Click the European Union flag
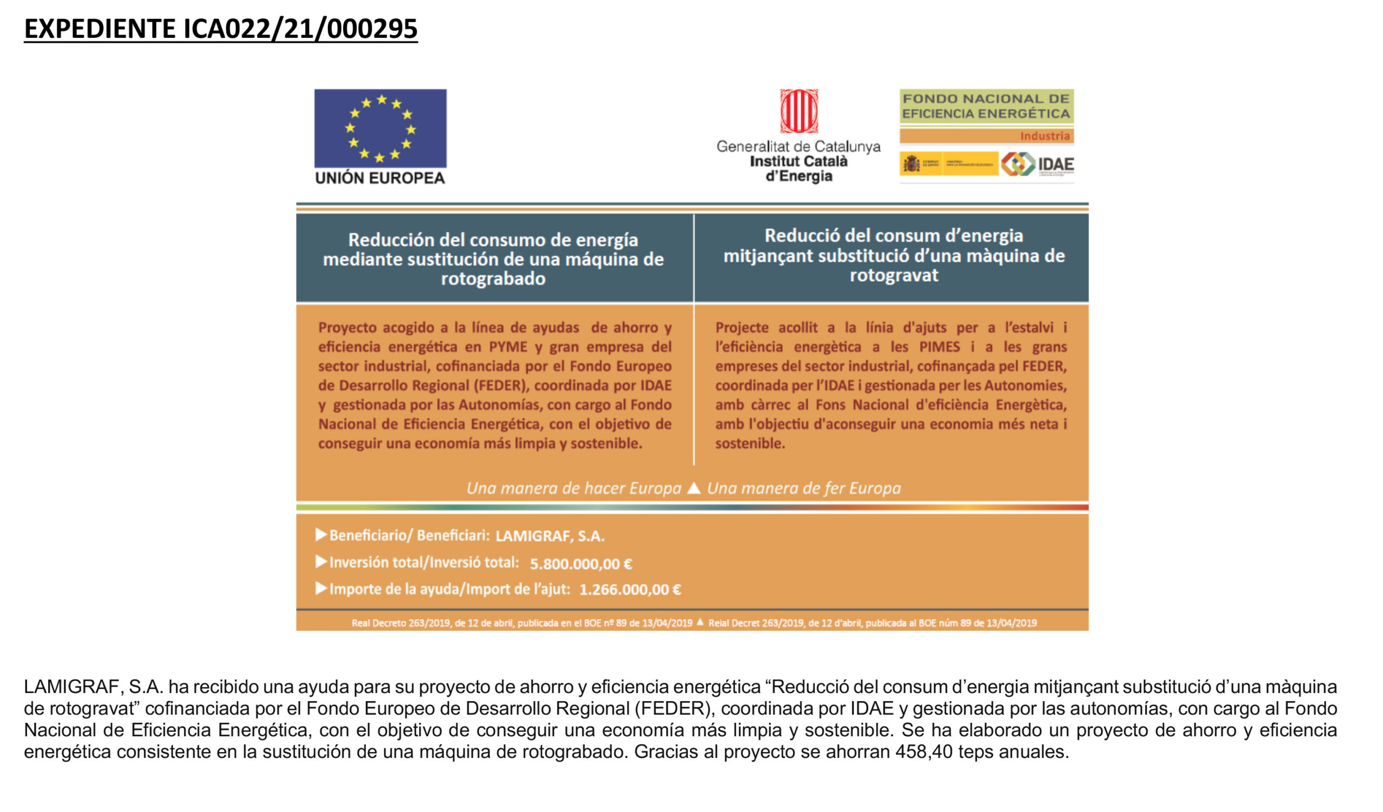[x=380, y=128]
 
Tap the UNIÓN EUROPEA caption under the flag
[x=380, y=178]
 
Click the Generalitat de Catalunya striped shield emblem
[x=798, y=111]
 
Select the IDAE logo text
[x=1056, y=165]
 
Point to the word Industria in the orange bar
[x=1044, y=136]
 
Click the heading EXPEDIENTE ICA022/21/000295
[x=220, y=29]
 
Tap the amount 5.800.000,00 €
[x=581, y=564]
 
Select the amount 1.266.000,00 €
[x=630, y=590]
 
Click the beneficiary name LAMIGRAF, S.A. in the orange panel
[x=549, y=536]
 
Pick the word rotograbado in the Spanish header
[x=493, y=279]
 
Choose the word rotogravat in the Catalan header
[x=894, y=275]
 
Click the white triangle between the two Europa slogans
[x=694, y=488]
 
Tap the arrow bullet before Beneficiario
[x=321, y=534]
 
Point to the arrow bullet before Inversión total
[x=321, y=562]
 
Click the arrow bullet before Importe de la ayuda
[x=321, y=589]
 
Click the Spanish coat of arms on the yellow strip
[x=911, y=164]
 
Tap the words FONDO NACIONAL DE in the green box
[x=986, y=99]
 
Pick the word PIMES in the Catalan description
[x=939, y=347]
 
